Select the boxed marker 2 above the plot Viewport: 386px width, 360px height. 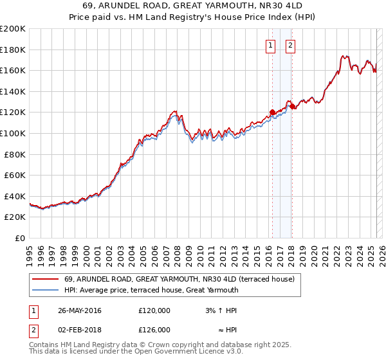[291, 45]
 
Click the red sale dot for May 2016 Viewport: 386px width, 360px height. [272, 112]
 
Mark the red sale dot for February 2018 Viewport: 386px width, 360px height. [291, 106]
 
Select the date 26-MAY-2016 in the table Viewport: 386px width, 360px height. [80, 310]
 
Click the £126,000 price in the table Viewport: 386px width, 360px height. [154, 330]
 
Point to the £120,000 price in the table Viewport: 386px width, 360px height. [154, 310]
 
